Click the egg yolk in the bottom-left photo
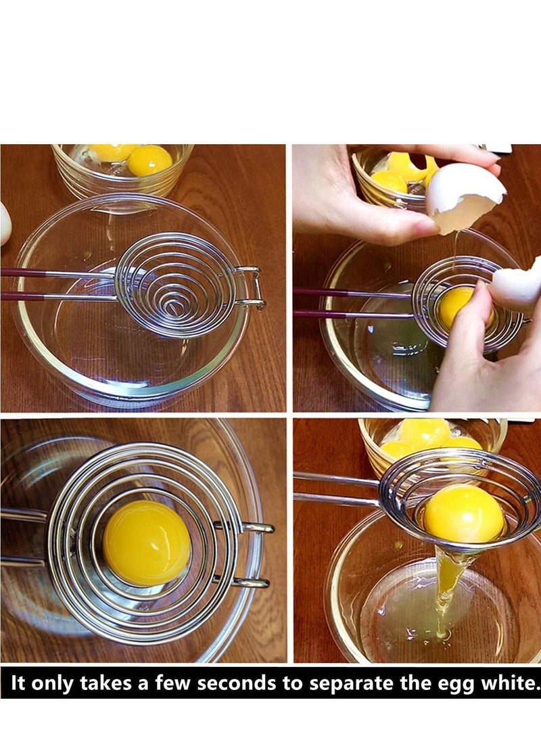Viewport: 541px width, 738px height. point(147,543)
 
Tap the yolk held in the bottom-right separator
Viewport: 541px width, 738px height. point(464,513)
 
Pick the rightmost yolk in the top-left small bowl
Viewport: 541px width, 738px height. point(149,160)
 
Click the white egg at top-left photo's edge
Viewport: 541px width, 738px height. point(4,223)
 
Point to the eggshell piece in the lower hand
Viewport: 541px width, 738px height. point(517,284)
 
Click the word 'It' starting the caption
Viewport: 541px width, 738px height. point(18,683)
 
